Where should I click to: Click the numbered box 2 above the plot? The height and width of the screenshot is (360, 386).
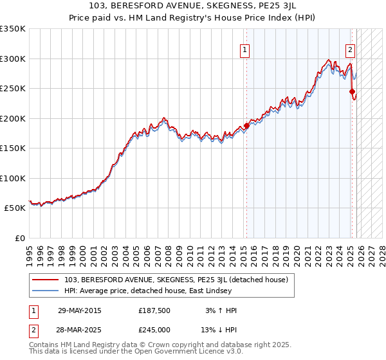pos(351,49)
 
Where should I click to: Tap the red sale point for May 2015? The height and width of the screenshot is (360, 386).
pos(246,126)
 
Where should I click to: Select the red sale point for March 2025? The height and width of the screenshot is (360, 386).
pos(352,92)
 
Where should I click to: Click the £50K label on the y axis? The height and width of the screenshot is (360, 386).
pos(15,208)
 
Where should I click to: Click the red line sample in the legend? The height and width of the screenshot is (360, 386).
pos(46,280)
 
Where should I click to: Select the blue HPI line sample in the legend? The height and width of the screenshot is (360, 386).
pos(46,291)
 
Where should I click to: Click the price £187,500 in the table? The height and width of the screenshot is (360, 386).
pos(154,310)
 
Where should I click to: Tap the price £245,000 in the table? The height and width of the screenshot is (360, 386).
pos(154,330)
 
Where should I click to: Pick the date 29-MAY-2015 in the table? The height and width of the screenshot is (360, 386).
pos(80,310)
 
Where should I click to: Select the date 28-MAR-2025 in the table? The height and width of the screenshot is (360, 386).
pos(80,330)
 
